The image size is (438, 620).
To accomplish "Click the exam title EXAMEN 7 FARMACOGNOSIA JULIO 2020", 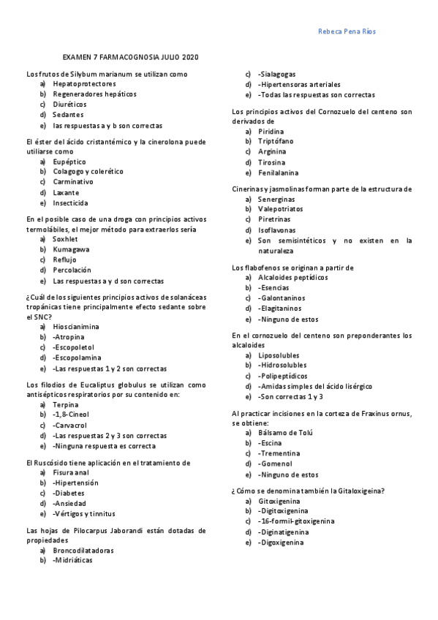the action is [130, 57].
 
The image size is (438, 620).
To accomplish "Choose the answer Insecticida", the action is [71, 203].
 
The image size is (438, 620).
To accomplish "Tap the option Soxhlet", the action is [65, 239].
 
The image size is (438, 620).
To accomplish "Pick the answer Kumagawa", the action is [72, 249].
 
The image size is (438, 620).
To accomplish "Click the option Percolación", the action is [72, 270].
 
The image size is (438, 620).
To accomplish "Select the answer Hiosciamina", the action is [76, 327].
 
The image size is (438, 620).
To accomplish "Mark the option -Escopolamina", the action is [77, 358].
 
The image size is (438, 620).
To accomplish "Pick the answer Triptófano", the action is [276, 142].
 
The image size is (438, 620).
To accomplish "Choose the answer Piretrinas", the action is [274, 219].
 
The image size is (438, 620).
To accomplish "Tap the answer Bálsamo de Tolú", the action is [286, 433].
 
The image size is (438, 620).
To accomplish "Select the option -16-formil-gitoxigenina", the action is [296, 521].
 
